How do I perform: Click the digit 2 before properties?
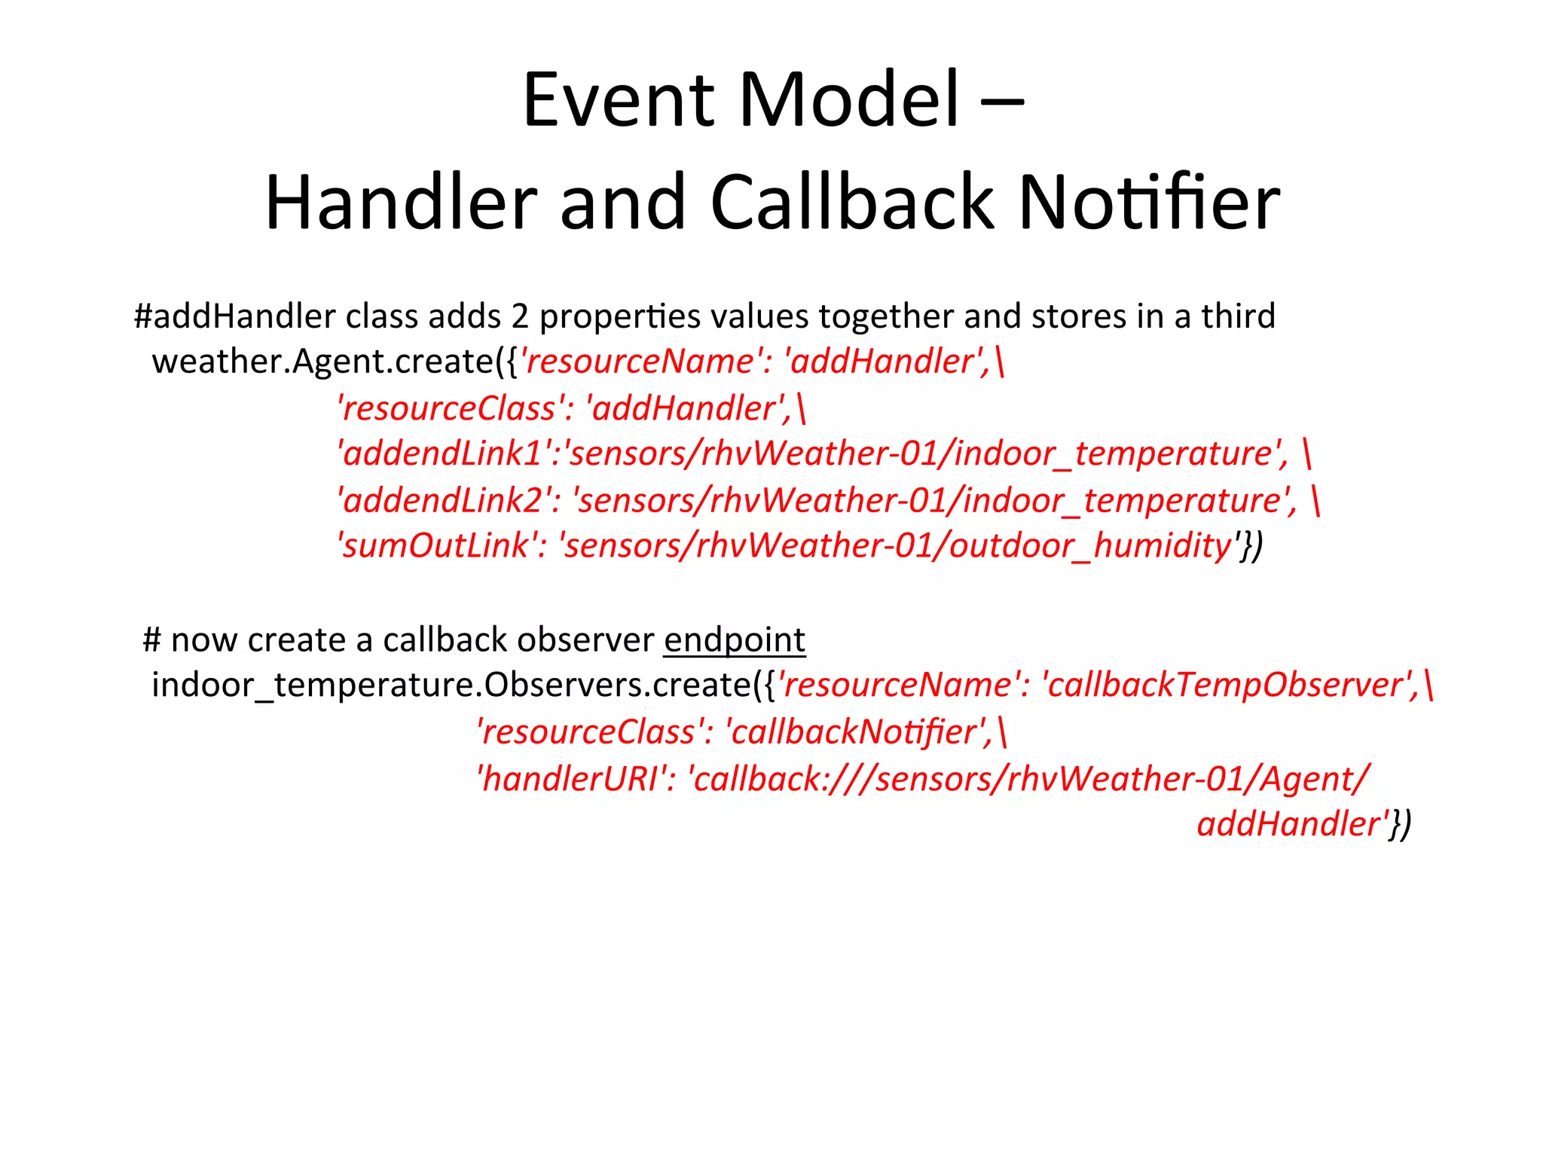pos(520,316)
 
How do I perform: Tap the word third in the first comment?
pos(1238,316)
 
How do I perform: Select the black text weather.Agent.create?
pos(322,362)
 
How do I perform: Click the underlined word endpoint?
pos(735,640)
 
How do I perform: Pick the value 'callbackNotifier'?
pos(859,732)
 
